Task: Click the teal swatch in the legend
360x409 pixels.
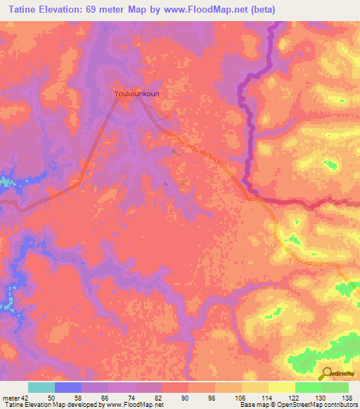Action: point(41,387)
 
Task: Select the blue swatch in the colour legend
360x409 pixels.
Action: point(68,387)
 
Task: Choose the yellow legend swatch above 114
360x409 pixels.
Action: point(255,387)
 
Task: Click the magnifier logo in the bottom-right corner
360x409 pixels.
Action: point(327,374)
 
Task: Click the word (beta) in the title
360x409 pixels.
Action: point(259,10)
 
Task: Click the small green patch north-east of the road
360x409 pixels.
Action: point(329,164)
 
